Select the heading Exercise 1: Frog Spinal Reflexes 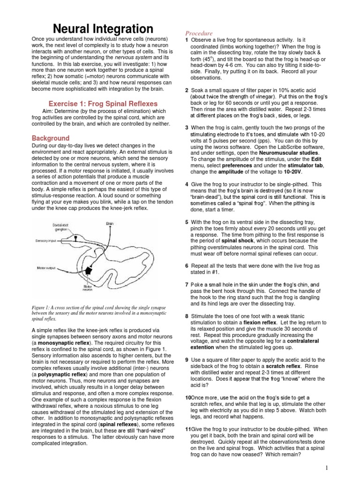point(103,104)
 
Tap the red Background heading point(51,138)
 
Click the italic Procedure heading point(199,34)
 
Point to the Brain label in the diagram point(111,224)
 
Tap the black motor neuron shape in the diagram point(87,270)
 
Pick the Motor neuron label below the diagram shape point(88,288)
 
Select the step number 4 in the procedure point(187,184)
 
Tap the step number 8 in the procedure point(187,316)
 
